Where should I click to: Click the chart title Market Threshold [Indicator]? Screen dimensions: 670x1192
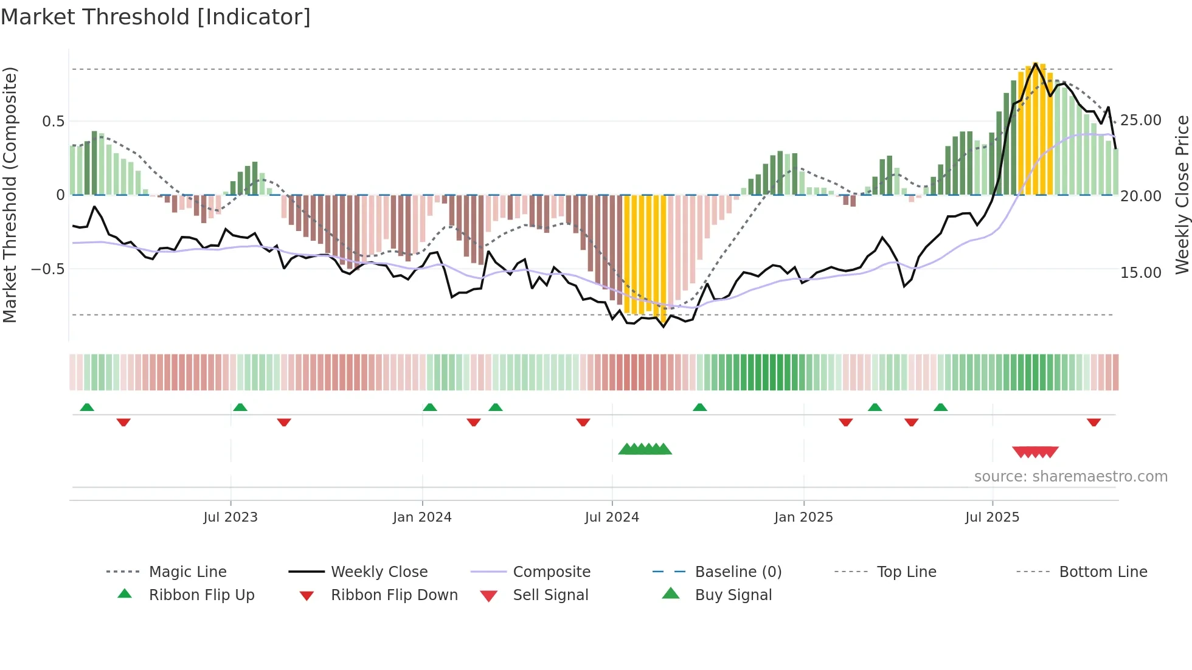click(156, 17)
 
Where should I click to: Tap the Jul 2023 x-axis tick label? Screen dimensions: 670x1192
click(230, 517)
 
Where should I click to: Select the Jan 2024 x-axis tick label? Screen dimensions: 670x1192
click(422, 517)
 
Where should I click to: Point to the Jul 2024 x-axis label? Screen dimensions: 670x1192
click(612, 517)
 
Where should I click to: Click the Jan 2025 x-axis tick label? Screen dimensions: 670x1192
click(803, 517)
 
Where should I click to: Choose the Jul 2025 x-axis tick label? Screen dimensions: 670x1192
click(992, 517)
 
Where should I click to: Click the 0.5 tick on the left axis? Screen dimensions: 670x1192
click(53, 121)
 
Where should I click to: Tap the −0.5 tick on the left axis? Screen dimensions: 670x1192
click(48, 269)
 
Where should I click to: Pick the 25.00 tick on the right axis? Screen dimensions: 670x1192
click(1141, 120)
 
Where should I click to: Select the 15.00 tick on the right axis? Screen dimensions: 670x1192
click(1141, 272)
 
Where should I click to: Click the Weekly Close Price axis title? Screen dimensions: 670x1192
click(1182, 195)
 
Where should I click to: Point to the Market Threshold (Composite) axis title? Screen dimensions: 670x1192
click(10, 195)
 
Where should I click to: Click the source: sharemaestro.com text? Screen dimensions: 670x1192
click(1070, 477)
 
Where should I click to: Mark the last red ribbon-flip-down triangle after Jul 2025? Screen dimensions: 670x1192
click(1093, 422)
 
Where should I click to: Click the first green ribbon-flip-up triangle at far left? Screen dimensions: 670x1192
click(87, 407)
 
